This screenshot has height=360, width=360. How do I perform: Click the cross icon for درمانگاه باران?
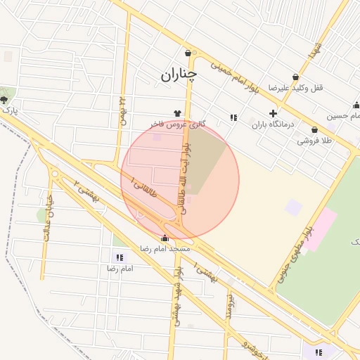(273, 113)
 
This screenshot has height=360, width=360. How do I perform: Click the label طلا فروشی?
(313, 141)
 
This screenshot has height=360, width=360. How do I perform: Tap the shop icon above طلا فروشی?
(313, 130)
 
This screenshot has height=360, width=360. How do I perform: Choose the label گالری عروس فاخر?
(178, 124)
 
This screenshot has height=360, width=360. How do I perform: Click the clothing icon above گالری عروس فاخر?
(177, 112)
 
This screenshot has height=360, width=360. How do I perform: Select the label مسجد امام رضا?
(165, 249)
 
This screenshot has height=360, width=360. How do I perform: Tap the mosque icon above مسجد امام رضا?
(165, 238)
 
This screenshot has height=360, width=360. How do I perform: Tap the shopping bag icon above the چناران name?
(188, 53)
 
